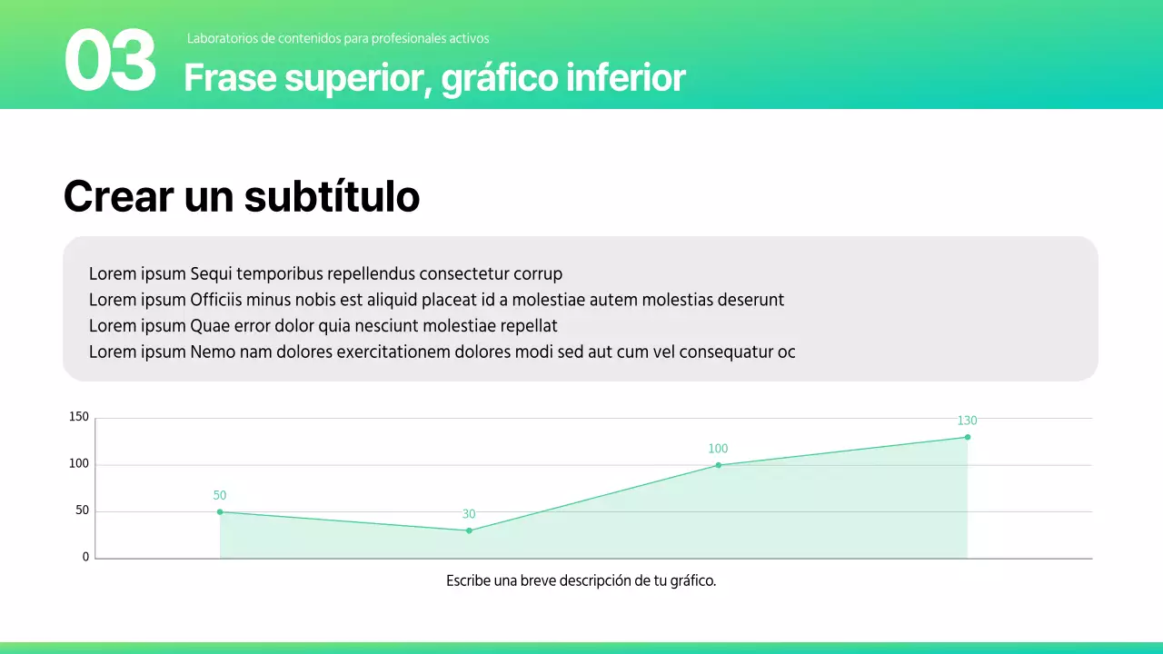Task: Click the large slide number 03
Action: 110,61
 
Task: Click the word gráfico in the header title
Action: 500,79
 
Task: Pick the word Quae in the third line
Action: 210,325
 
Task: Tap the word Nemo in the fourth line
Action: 213,352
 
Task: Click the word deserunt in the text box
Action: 750,300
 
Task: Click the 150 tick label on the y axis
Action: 79,418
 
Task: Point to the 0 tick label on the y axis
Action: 86,558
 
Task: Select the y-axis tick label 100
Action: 79,464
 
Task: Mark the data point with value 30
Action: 469,530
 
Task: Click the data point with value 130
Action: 968,437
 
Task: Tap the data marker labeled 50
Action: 220,511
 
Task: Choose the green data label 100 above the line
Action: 718,449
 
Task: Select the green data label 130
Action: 967,421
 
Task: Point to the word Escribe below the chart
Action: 469,581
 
